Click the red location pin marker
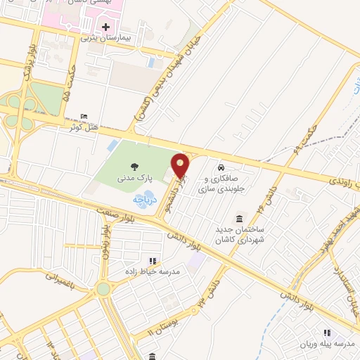(181, 166)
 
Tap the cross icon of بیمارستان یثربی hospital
(105, 27)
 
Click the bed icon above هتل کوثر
(84, 116)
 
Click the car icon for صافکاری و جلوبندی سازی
(221, 169)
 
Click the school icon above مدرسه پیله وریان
(326, 332)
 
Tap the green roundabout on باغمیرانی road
(103, 289)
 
